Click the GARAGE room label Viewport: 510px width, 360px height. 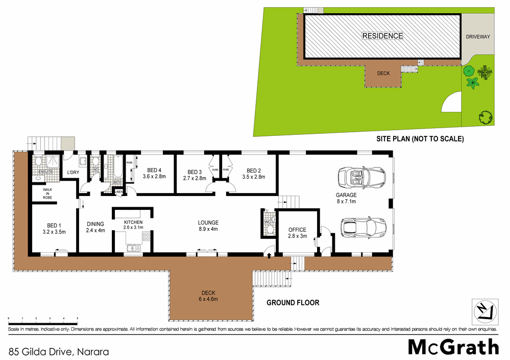346,195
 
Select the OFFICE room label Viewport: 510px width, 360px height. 297,230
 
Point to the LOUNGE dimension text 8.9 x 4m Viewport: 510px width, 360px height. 208,229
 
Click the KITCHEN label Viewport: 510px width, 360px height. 133,222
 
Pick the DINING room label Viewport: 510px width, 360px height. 95,224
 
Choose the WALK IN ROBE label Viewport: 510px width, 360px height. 47,193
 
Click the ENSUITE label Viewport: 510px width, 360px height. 45,172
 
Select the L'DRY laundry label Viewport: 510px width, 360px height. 74,173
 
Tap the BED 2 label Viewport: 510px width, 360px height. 254,171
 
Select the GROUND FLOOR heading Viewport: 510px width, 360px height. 293,303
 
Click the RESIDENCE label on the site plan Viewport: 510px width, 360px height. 382,36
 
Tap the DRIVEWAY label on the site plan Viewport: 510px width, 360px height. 478,37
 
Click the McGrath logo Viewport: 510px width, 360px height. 453,347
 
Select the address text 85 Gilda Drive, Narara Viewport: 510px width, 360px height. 59,351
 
